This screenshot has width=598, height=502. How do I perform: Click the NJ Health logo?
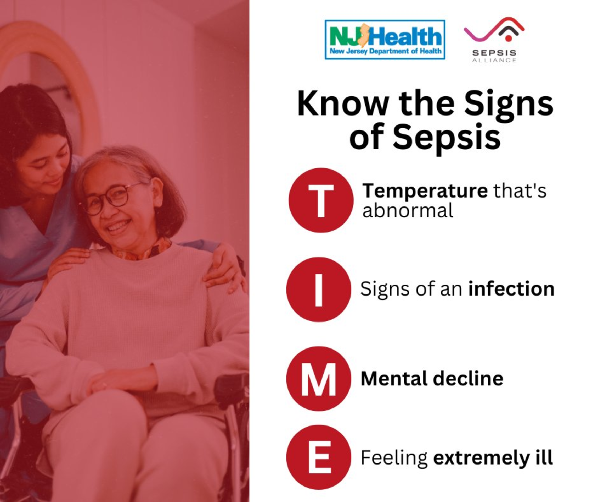pos(385,40)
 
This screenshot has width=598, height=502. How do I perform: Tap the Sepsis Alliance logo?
pos(494,40)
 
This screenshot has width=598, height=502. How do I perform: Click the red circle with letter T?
pos(321,200)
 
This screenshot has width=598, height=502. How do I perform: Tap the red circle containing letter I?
pos(319,290)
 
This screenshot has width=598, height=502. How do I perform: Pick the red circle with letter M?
pos(319,379)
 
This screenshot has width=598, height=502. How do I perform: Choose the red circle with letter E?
pos(319,457)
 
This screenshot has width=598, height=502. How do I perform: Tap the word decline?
pos(468,379)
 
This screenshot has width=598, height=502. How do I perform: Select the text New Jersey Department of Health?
pos(385,51)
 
